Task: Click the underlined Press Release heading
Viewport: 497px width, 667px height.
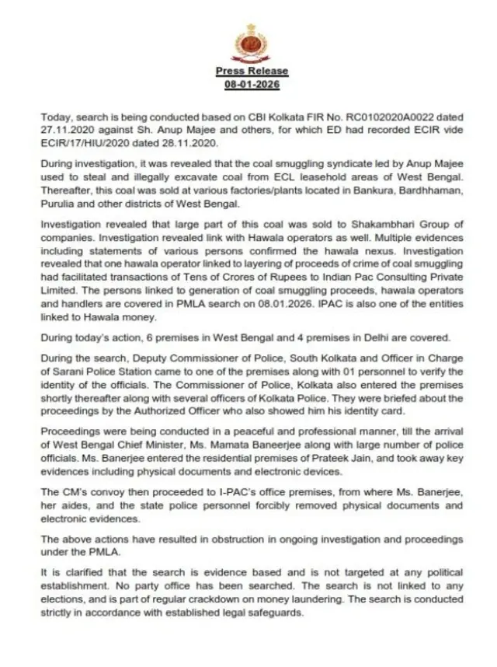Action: [252, 71]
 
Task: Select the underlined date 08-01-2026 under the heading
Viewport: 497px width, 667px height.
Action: [252, 82]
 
